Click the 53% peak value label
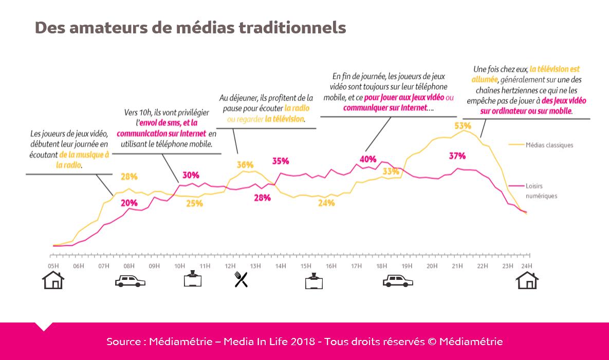pyautogui.click(x=463, y=125)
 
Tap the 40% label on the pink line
pyautogui.click(x=368, y=159)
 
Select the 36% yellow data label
pyautogui.click(x=245, y=165)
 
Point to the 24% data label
pyautogui.click(x=326, y=203)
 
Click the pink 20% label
pyautogui.click(x=129, y=202)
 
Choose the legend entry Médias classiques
pyautogui.click(x=549, y=145)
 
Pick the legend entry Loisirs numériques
pyautogui.click(x=541, y=191)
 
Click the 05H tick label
pyautogui.click(x=53, y=266)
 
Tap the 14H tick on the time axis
pyautogui.click(x=281, y=266)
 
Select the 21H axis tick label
pyautogui.click(x=457, y=266)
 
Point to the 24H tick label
pyautogui.click(x=526, y=266)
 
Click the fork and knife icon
pyautogui.click(x=241, y=279)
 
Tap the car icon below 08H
pyautogui.click(x=130, y=281)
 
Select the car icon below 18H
pyautogui.click(x=398, y=281)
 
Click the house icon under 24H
pyautogui.click(x=527, y=280)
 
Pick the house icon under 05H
pyautogui.click(x=53, y=280)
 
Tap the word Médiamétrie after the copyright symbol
pyautogui.click(x=471, y=342)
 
